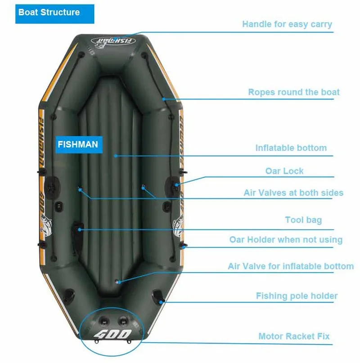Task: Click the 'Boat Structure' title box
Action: pos(49,13)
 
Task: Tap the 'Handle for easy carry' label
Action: pos(287,24)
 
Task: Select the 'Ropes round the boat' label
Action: pos(294,92)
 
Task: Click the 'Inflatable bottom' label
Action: pos(291,148)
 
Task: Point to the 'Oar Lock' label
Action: pos(284,171)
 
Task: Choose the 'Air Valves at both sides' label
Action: pos(293,193)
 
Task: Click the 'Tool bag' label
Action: pos(303,220)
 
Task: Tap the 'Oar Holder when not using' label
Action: pos(286,240)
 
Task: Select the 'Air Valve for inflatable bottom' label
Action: pos(291,266)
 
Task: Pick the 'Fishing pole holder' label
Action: pos(297,296)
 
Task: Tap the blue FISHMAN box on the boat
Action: pos(77,144)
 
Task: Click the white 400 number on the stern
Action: pos(112,335)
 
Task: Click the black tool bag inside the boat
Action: pos(76,230)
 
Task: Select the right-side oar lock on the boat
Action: pos(175,184)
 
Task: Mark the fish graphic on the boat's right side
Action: pos(179,224)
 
